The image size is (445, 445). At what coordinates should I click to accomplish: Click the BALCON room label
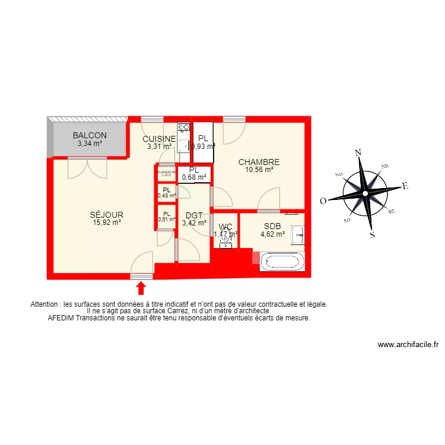click(x=90, y=135)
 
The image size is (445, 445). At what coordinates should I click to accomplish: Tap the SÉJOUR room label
click(x=107, y=214)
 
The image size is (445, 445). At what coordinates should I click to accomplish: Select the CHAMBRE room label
click(x=259, y=162)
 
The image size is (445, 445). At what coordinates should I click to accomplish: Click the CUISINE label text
click(x=158, y=139)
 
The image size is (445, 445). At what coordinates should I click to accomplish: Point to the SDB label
click(x=272, y=225)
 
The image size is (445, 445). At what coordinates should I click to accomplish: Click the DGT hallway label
click(x=195, y=215)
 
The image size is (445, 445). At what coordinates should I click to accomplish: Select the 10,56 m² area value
click(x=259, y=170)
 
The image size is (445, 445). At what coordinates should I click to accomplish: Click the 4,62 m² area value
click(x=272, y=234)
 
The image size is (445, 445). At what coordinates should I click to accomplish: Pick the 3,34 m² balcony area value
click(x=90, y=143)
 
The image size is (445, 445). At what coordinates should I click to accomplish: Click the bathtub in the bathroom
click(x=282, y=261)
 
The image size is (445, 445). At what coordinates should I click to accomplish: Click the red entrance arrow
click(x=141, y=288)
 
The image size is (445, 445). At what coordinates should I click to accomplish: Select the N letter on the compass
click(x=358, y=153)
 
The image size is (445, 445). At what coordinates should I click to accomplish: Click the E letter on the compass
click(x=405, y=186)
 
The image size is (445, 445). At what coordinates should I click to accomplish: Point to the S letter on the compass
click(x=373, y=234)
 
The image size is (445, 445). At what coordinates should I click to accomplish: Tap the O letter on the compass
click(x=323, y=201)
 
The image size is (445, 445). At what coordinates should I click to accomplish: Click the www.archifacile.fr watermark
click(x=408, y=345)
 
